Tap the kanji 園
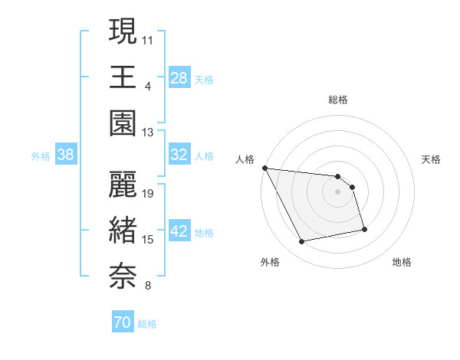click(123, 123)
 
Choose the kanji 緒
click(123, 230)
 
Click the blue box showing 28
click(179, 77)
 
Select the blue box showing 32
click(179, 155)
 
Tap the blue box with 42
click(179, 231)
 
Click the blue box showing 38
click(66, 155)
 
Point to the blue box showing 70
click(123, 323)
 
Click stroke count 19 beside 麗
click(149, 193)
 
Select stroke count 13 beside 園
click(149, 133)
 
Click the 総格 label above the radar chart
click(338, 100)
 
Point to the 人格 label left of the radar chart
click(245, 159)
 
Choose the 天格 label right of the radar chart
click(431, 159)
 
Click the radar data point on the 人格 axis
click(264, 168)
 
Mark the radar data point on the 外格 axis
click(301, 242)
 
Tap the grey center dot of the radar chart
click(338, 191)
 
